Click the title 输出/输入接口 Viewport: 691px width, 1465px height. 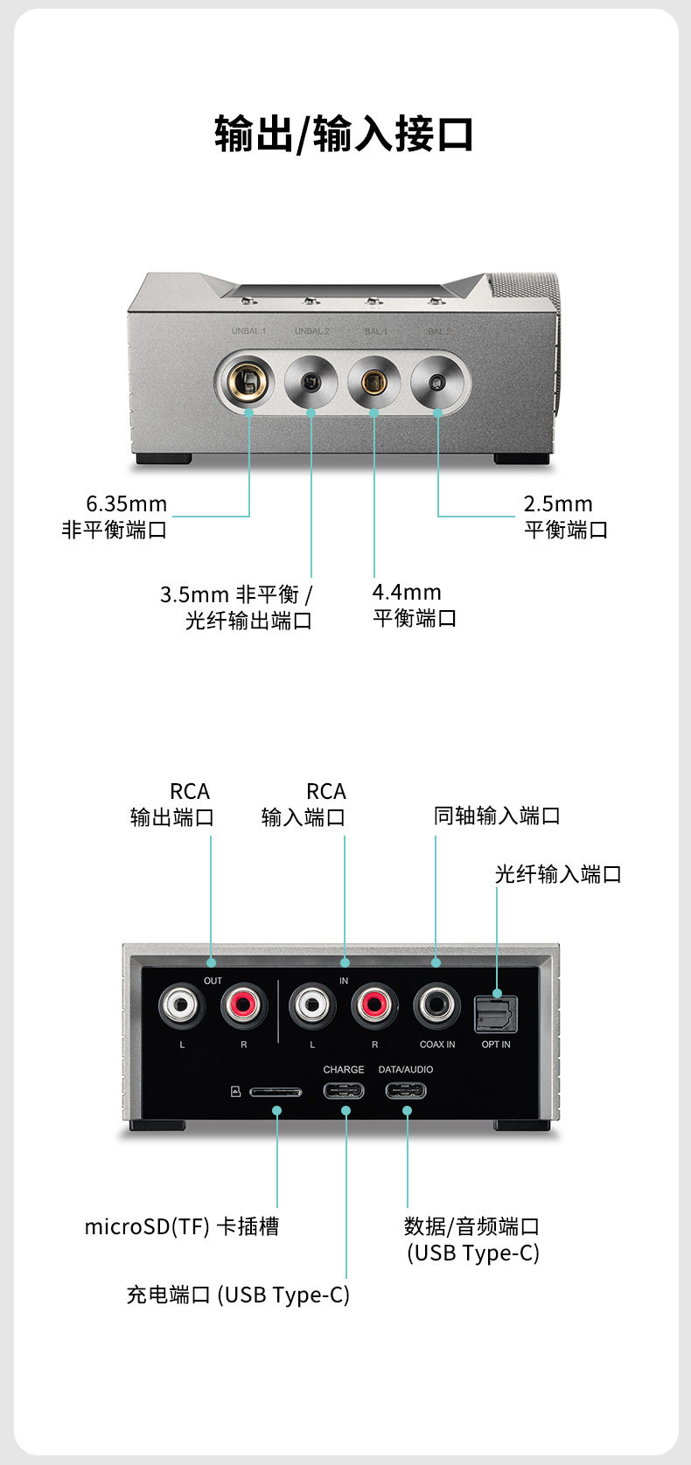(345, 135)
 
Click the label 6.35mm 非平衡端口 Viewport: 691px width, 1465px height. (115, 517)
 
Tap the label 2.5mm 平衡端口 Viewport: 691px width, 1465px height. (565, 517)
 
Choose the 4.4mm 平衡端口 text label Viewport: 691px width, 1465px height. (414, 605)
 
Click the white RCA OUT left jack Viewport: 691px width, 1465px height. (182, 1005)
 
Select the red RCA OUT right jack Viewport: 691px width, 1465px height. (243, 1005)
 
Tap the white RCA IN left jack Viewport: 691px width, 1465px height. (312, 1005)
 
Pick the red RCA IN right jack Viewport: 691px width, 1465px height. (374, 1005)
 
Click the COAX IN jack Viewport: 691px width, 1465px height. (436, 1005)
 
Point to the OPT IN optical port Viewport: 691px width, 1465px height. (496, 1014)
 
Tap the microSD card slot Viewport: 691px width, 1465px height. (276, 1092)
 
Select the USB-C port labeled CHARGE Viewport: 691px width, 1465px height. (344, 1091)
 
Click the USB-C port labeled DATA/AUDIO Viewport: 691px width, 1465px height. (406, 1091)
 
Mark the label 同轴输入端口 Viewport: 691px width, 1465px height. (497, 816)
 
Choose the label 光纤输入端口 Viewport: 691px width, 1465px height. (558, 874)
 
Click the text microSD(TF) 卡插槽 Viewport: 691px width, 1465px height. (181, 1226)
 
